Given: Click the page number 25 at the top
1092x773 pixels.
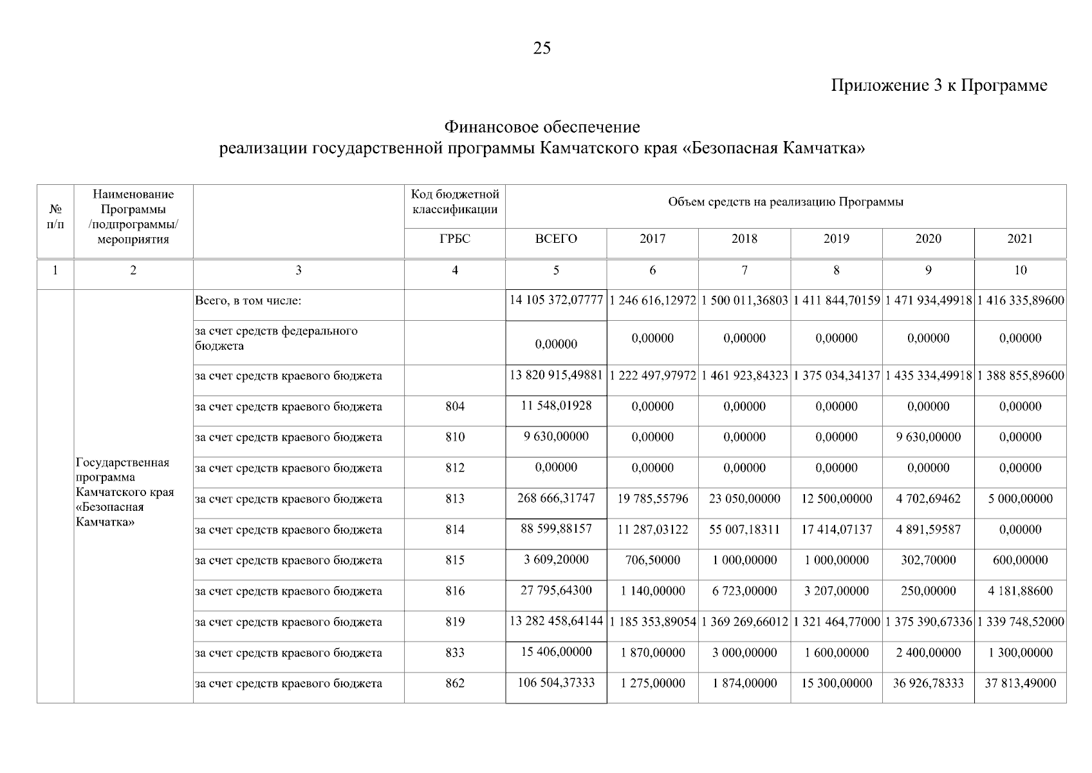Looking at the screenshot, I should pyautogui.click(x=542, y=48).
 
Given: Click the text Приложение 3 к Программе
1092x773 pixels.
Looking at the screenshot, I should pyautogui.click(x=939, y=86).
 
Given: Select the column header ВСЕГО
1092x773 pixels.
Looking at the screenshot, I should pyautogui.click(x=556, y=239).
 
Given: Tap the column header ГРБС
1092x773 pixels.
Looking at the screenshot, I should pyautogui.click(x=454, y=239).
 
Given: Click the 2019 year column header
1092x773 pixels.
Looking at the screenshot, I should pyautogui.click(x=836, y=239).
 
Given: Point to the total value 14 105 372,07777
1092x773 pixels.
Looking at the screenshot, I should pyautogui.click(x=556, y=300).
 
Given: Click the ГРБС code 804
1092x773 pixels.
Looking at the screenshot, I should pyautogui.click(x=454, y=406).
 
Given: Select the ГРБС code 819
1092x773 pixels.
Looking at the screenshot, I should pyautogui.click(x=454, y=622).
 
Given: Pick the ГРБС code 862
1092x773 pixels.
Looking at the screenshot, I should pyautogui.click(x=454, y=683).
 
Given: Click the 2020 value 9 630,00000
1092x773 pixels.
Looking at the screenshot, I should pyautogui.click(x=928, y=437).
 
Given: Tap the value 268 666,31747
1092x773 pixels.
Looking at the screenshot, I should pyautogui.click(x=556, y=498).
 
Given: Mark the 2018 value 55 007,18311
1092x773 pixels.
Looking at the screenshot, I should pyautogui.click(x=745, y=530).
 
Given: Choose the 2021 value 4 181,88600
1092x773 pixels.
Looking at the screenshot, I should pyautogui.click(x=1020, y=591).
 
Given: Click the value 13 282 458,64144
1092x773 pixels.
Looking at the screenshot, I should pyautogui.click(x=556, y=622).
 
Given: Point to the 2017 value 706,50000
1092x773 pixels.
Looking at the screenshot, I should pyautogui.click(x=652, y=560).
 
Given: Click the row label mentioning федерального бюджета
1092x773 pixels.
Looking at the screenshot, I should pyautogui.click(x=276, y=338).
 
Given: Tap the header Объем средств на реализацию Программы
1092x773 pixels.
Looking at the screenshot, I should pyautogui.click(x=785, y=202).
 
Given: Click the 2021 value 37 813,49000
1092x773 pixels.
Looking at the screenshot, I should pyautogui.click(x=1020, y=683).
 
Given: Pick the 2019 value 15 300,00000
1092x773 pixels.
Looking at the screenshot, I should pyautogui.click(x=836, y=683).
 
